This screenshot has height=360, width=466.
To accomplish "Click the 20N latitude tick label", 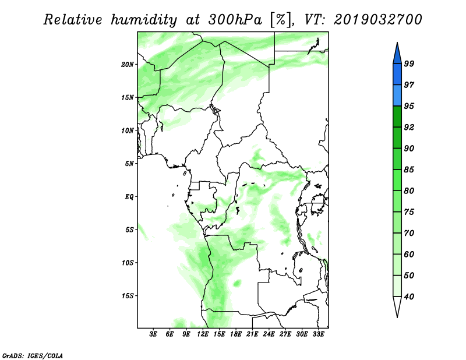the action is click(x=128, y=65).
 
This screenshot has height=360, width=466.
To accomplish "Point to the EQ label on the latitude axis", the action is click(x=129, y=197).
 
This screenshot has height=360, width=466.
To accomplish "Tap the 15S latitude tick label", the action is click(x=128, y=296).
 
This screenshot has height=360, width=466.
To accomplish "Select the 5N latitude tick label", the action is click(x=129, y=164).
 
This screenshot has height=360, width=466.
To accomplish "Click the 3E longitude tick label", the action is click(x=153, y=334).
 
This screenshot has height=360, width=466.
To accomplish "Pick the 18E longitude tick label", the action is click(x=236, y=334).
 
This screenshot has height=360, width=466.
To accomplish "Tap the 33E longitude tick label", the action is click(x=318, y=334).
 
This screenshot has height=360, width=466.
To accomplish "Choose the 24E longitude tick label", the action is click(x=269, y=334).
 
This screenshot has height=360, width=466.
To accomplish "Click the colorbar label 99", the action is click(x=409, y=63).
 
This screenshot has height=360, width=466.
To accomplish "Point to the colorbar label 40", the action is click(x=409, y=297).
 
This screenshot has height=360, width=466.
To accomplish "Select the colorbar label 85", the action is click(x=409, y=170).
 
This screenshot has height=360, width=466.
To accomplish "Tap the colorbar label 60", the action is click(x=409, y=254).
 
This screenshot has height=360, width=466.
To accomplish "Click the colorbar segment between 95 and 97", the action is click(x=397, y=96).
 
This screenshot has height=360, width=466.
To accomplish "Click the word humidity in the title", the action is click(x=144, y=20).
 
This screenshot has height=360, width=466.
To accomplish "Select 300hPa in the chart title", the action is click(x=235, y=20).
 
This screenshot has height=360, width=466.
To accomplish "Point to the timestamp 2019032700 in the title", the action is click(x=377, y=20).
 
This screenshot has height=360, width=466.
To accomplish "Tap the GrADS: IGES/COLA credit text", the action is click(x=33, y=355).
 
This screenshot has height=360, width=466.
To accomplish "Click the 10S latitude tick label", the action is click(x=128, y=263).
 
